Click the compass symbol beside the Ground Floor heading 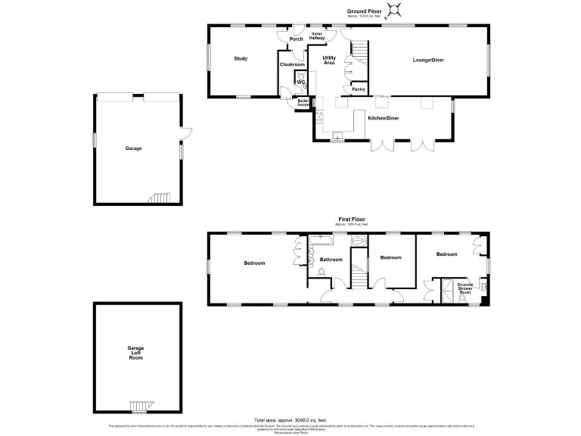tap(393, 10)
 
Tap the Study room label tap(241, 59)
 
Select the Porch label tap(296, 39)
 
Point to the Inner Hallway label tap(317, 36)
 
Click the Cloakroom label tap(292, 65)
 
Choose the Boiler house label tap(303, 102)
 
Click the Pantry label tap(358, 89)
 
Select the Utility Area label tap(329, 60)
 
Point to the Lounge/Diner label tap(427, 59)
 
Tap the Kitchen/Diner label tap(383, 119)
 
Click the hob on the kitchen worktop tap(318, 117)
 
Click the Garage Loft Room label tap(135, 353)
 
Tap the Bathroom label tap(331, 260)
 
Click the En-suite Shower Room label tap(466, 288)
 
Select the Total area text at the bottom tap(290, 419)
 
